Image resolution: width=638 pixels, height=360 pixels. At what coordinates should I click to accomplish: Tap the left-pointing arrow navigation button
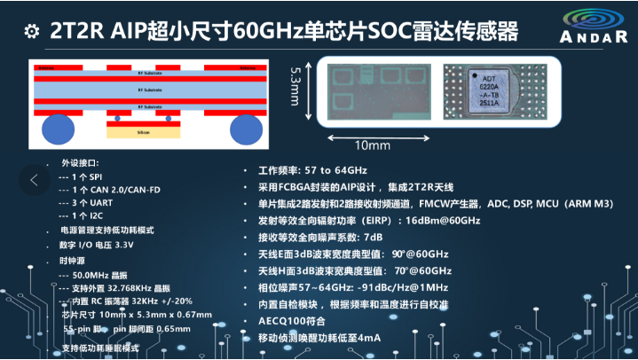click(x=35, y=180)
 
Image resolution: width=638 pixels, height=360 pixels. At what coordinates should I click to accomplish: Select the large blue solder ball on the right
click(x=250, y=129)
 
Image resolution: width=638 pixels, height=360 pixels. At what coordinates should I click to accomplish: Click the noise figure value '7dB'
click(x=370, y=238)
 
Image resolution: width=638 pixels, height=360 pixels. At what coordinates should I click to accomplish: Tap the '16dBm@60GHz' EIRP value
click(x=442, y=221)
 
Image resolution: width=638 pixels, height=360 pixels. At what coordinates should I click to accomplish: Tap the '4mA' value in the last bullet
click(x=374, y=339)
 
